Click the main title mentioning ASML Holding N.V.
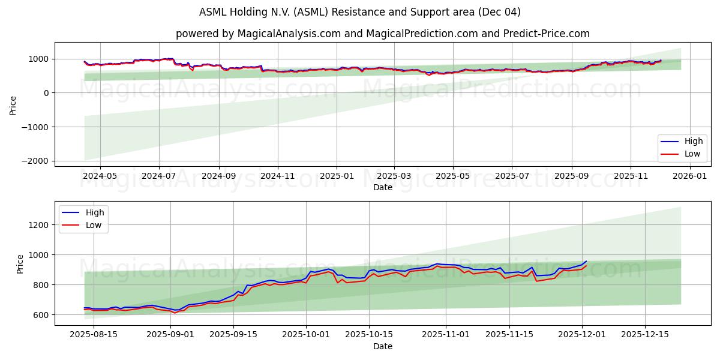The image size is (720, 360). tap(360, 12)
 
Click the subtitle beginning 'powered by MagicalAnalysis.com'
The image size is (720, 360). tap(382, 34)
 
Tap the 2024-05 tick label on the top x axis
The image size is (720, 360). tap(100, 176)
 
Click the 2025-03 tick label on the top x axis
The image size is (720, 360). tap(394, 176)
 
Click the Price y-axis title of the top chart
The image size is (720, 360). tap(13, 104)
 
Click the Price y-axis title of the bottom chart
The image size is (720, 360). tap(20, 263)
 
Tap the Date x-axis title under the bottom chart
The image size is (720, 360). tap(382, 347)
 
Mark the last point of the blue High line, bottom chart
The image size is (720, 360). tap(586, 261)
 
